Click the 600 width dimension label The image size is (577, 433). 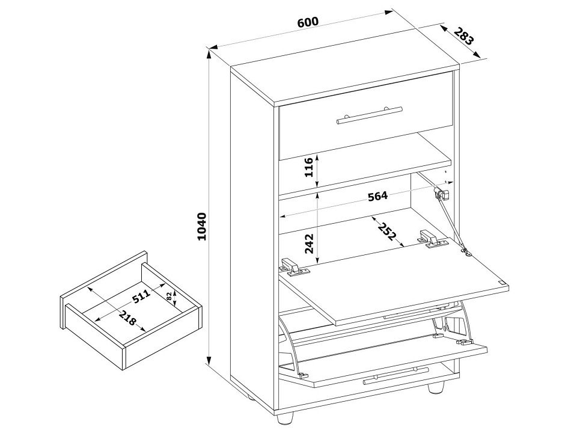pos(308,22)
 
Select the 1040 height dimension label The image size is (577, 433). pos(203,227)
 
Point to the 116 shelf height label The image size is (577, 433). pos(308,167)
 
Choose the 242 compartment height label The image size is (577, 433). pos(309,244)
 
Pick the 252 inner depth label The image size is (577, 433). pos(388,231)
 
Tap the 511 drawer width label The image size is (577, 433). pos(142,296)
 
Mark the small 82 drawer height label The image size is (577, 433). pos(170,296)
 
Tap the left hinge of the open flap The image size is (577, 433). pos(295,266)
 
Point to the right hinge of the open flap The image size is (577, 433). pos(429,239)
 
